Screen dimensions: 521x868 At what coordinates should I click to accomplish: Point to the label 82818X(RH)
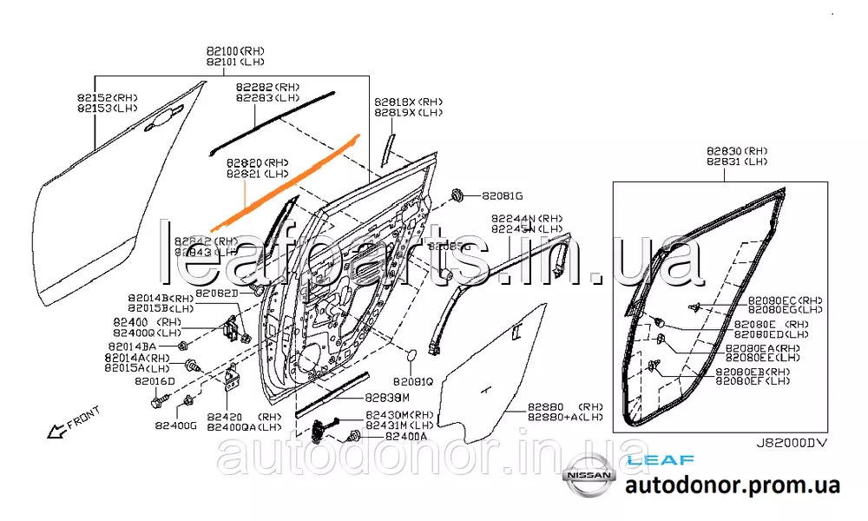(408, 102)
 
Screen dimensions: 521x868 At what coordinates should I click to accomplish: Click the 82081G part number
(503, 196)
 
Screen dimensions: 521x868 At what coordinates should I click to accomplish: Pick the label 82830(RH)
(737, 151)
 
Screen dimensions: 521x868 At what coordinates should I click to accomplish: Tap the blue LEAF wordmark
(648, 459)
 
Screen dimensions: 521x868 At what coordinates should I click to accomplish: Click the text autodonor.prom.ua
(733, 485)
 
